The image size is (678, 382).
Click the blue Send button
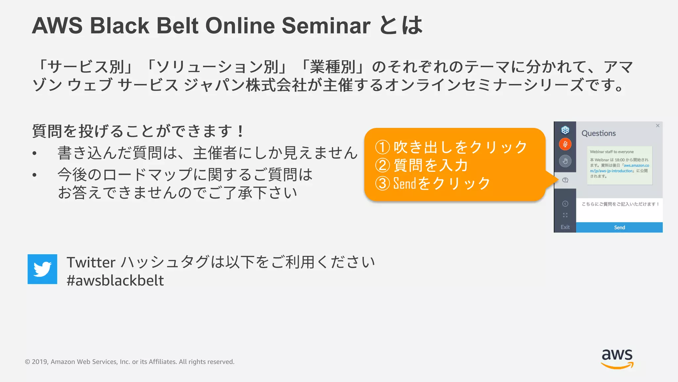619,227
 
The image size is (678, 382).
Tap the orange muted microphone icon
565,144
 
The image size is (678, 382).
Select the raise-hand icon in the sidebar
565,161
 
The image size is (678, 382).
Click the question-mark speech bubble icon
565,180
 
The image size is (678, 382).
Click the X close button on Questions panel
657,126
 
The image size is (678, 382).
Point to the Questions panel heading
599,133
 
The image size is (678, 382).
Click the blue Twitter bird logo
42,269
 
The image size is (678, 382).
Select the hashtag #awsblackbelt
115,281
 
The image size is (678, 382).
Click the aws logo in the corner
617,358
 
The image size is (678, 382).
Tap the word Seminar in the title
326,26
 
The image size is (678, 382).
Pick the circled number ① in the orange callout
382,147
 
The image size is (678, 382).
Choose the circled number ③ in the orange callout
382,183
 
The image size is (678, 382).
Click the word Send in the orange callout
405,183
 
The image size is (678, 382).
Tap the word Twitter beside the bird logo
91,262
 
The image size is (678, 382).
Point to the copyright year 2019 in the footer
40,362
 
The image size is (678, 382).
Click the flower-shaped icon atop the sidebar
565,130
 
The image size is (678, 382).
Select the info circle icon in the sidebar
565,204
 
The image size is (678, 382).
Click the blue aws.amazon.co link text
636,165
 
